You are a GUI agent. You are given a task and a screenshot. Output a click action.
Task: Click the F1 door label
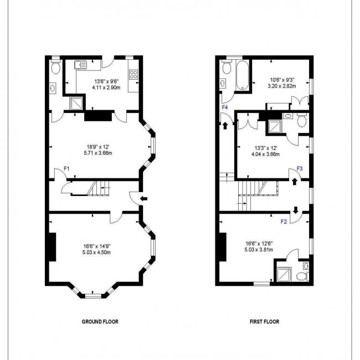[x=66, y=168]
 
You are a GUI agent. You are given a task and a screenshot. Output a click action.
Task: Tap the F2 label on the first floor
[x=284, y=222]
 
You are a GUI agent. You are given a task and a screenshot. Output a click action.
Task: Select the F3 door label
[x=300, y=168]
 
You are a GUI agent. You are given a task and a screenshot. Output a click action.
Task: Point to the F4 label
[x=224, y=107]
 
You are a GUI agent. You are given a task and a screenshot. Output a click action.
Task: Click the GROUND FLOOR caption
[x=100, y=321]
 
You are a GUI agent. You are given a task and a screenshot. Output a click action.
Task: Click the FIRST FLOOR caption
[x=264, y=321]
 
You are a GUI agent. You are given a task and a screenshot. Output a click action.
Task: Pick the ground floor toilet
[x=54, y=68]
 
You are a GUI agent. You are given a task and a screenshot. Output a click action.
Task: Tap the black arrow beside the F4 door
[x=225, y=126]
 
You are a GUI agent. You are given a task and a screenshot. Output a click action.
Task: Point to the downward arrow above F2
[x=295, y=210]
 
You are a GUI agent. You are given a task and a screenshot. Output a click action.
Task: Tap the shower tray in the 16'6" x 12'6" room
[x=282, y=274]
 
